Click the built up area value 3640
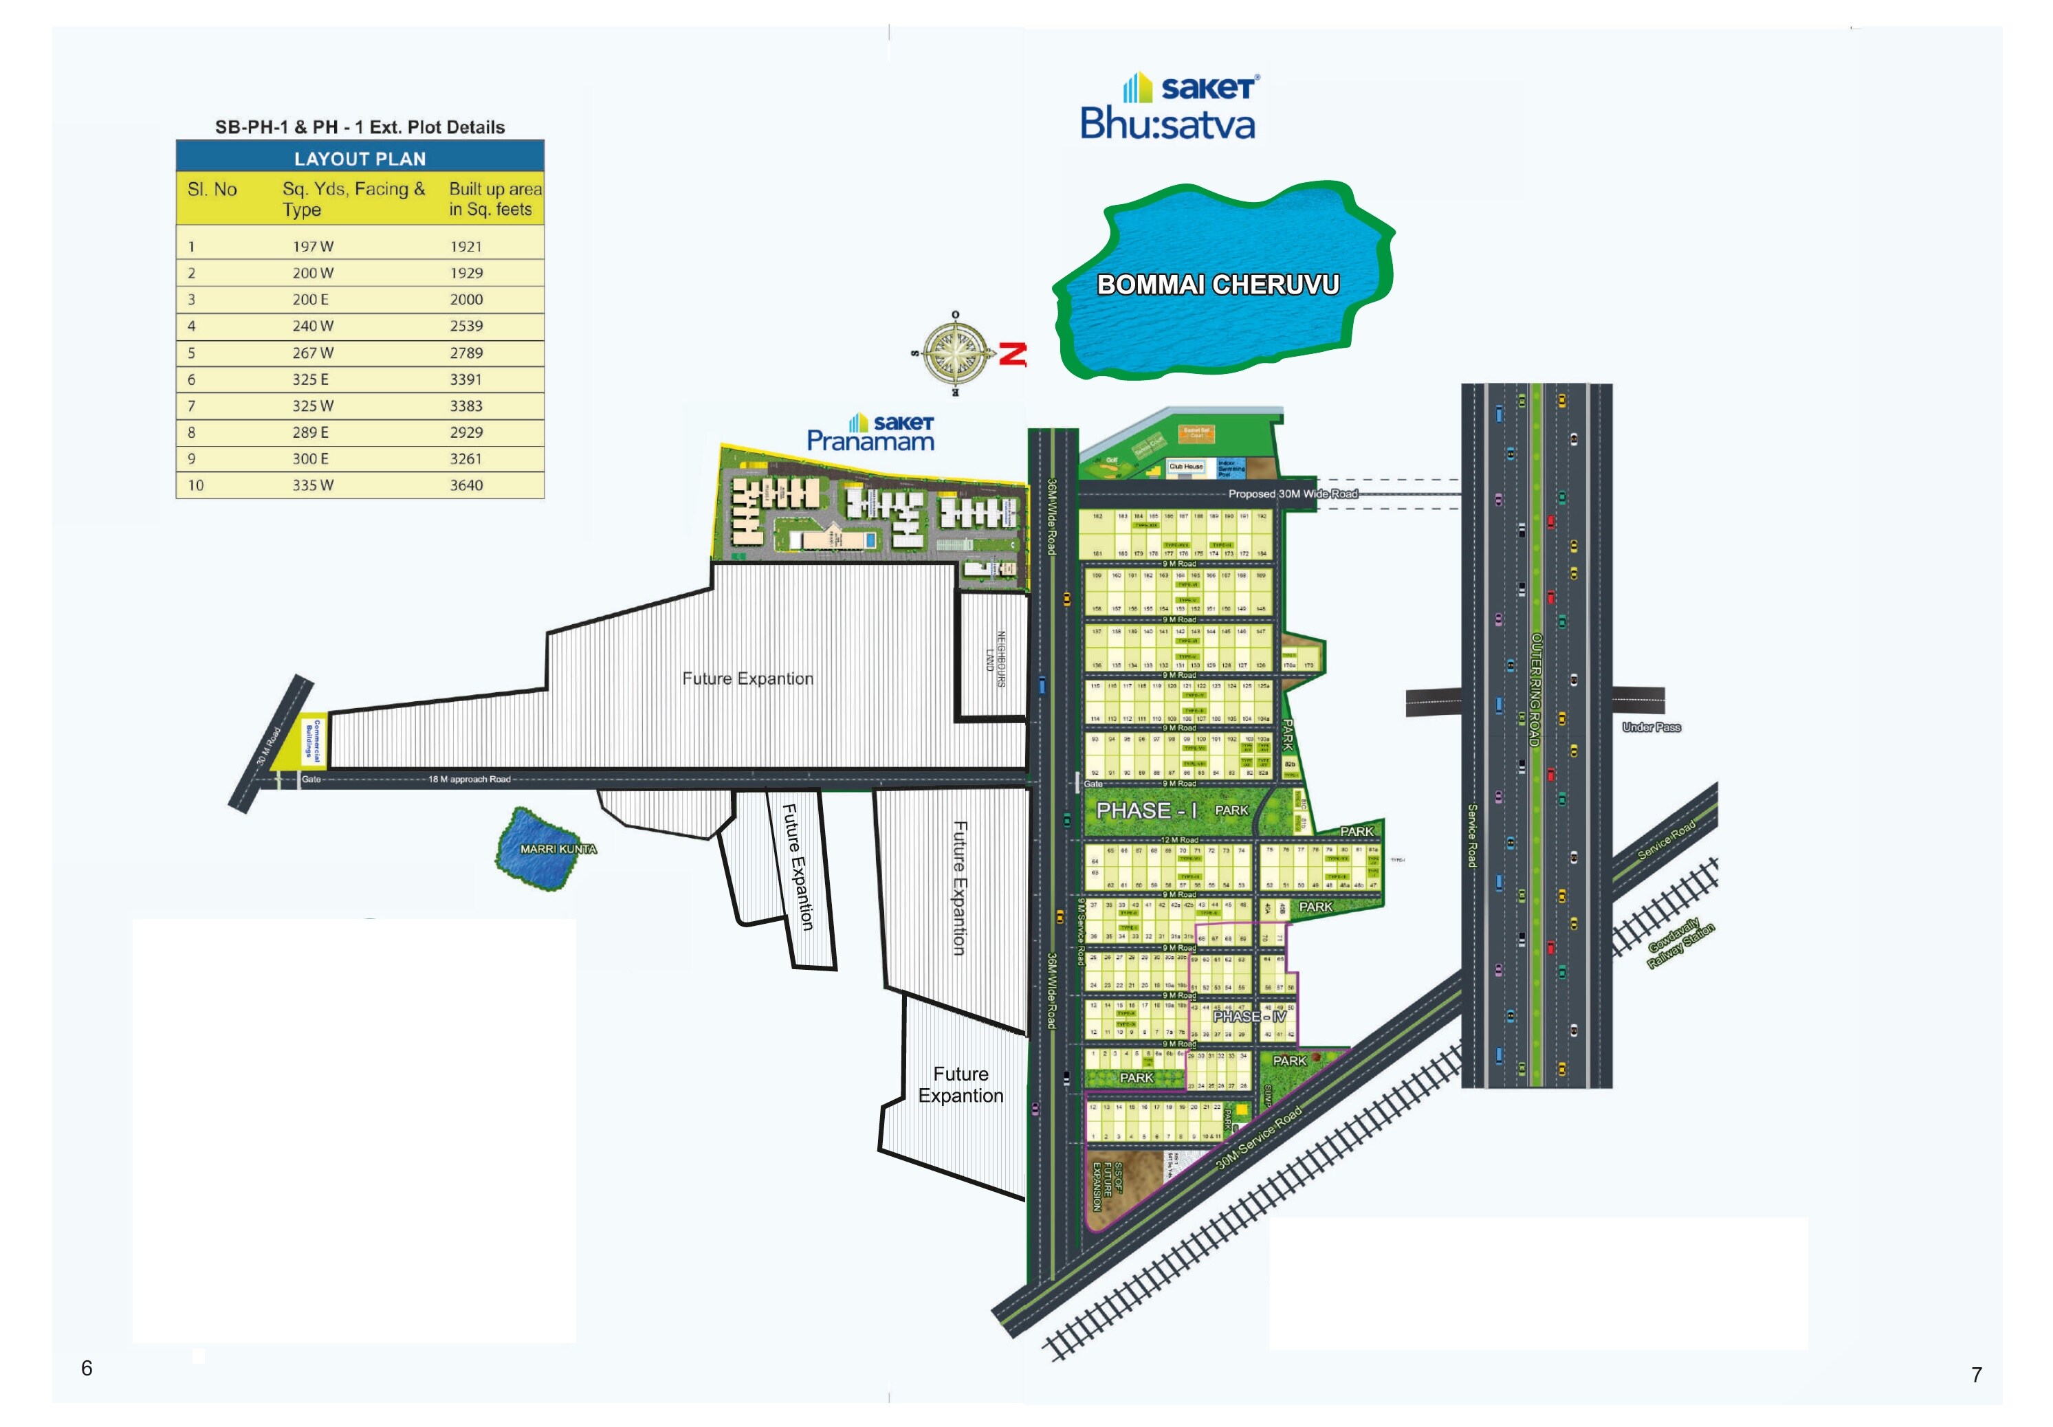466,485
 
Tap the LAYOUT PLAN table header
360,158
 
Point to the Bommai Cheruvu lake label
1218,285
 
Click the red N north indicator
1013,354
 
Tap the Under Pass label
1651,727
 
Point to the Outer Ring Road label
1535,689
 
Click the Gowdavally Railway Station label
1681,945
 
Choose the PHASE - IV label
1249,1017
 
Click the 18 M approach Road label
468,779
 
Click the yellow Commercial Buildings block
312,740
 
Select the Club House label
1187,466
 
